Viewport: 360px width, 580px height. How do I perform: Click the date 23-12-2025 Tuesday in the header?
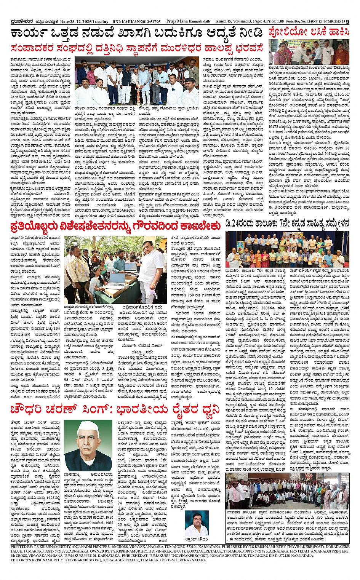(x=84, y=22)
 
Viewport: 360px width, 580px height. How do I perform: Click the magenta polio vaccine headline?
(x=309, y=32)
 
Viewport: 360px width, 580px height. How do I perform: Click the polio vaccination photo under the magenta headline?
(x=309, y=52)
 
